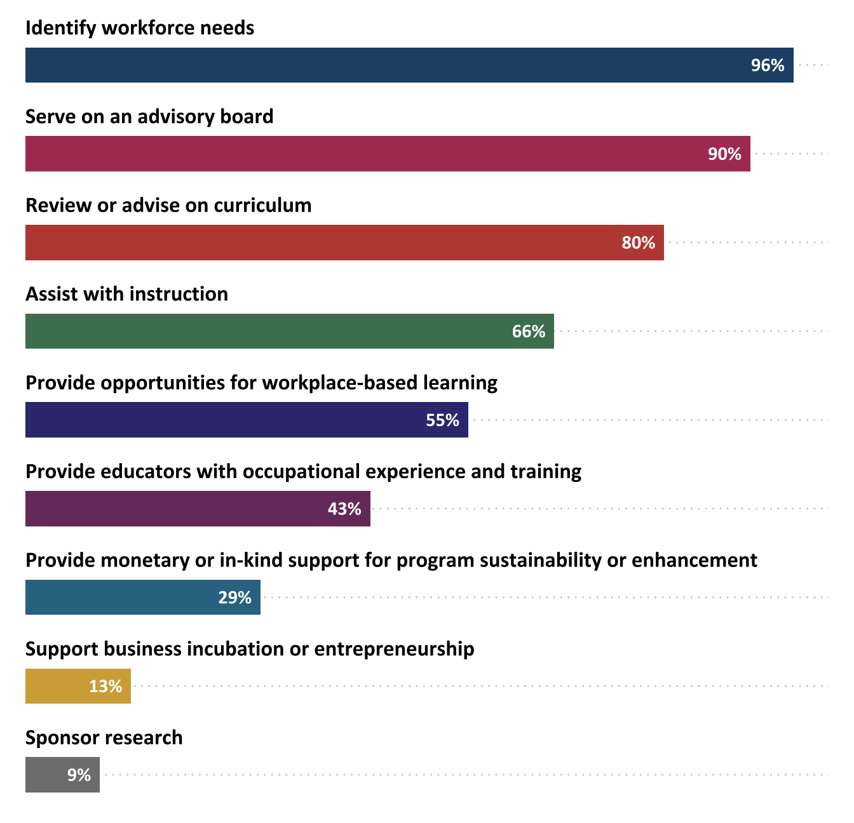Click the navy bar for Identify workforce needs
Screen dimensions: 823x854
[x=381, y=65]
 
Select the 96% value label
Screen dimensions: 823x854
[x=768, y=65]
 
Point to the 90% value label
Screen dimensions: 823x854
[x=724, y=154]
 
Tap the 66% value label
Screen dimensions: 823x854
[x=529, y=331]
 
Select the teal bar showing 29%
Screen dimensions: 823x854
[x=121, y=598]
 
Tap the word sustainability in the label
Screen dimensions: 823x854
[x=540, y=561]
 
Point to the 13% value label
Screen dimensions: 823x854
[x=105, y=686]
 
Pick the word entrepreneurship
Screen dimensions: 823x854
[x=394, y=650]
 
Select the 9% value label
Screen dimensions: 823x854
[x=79, y=775]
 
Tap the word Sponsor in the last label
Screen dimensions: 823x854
[x=62, y=738]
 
